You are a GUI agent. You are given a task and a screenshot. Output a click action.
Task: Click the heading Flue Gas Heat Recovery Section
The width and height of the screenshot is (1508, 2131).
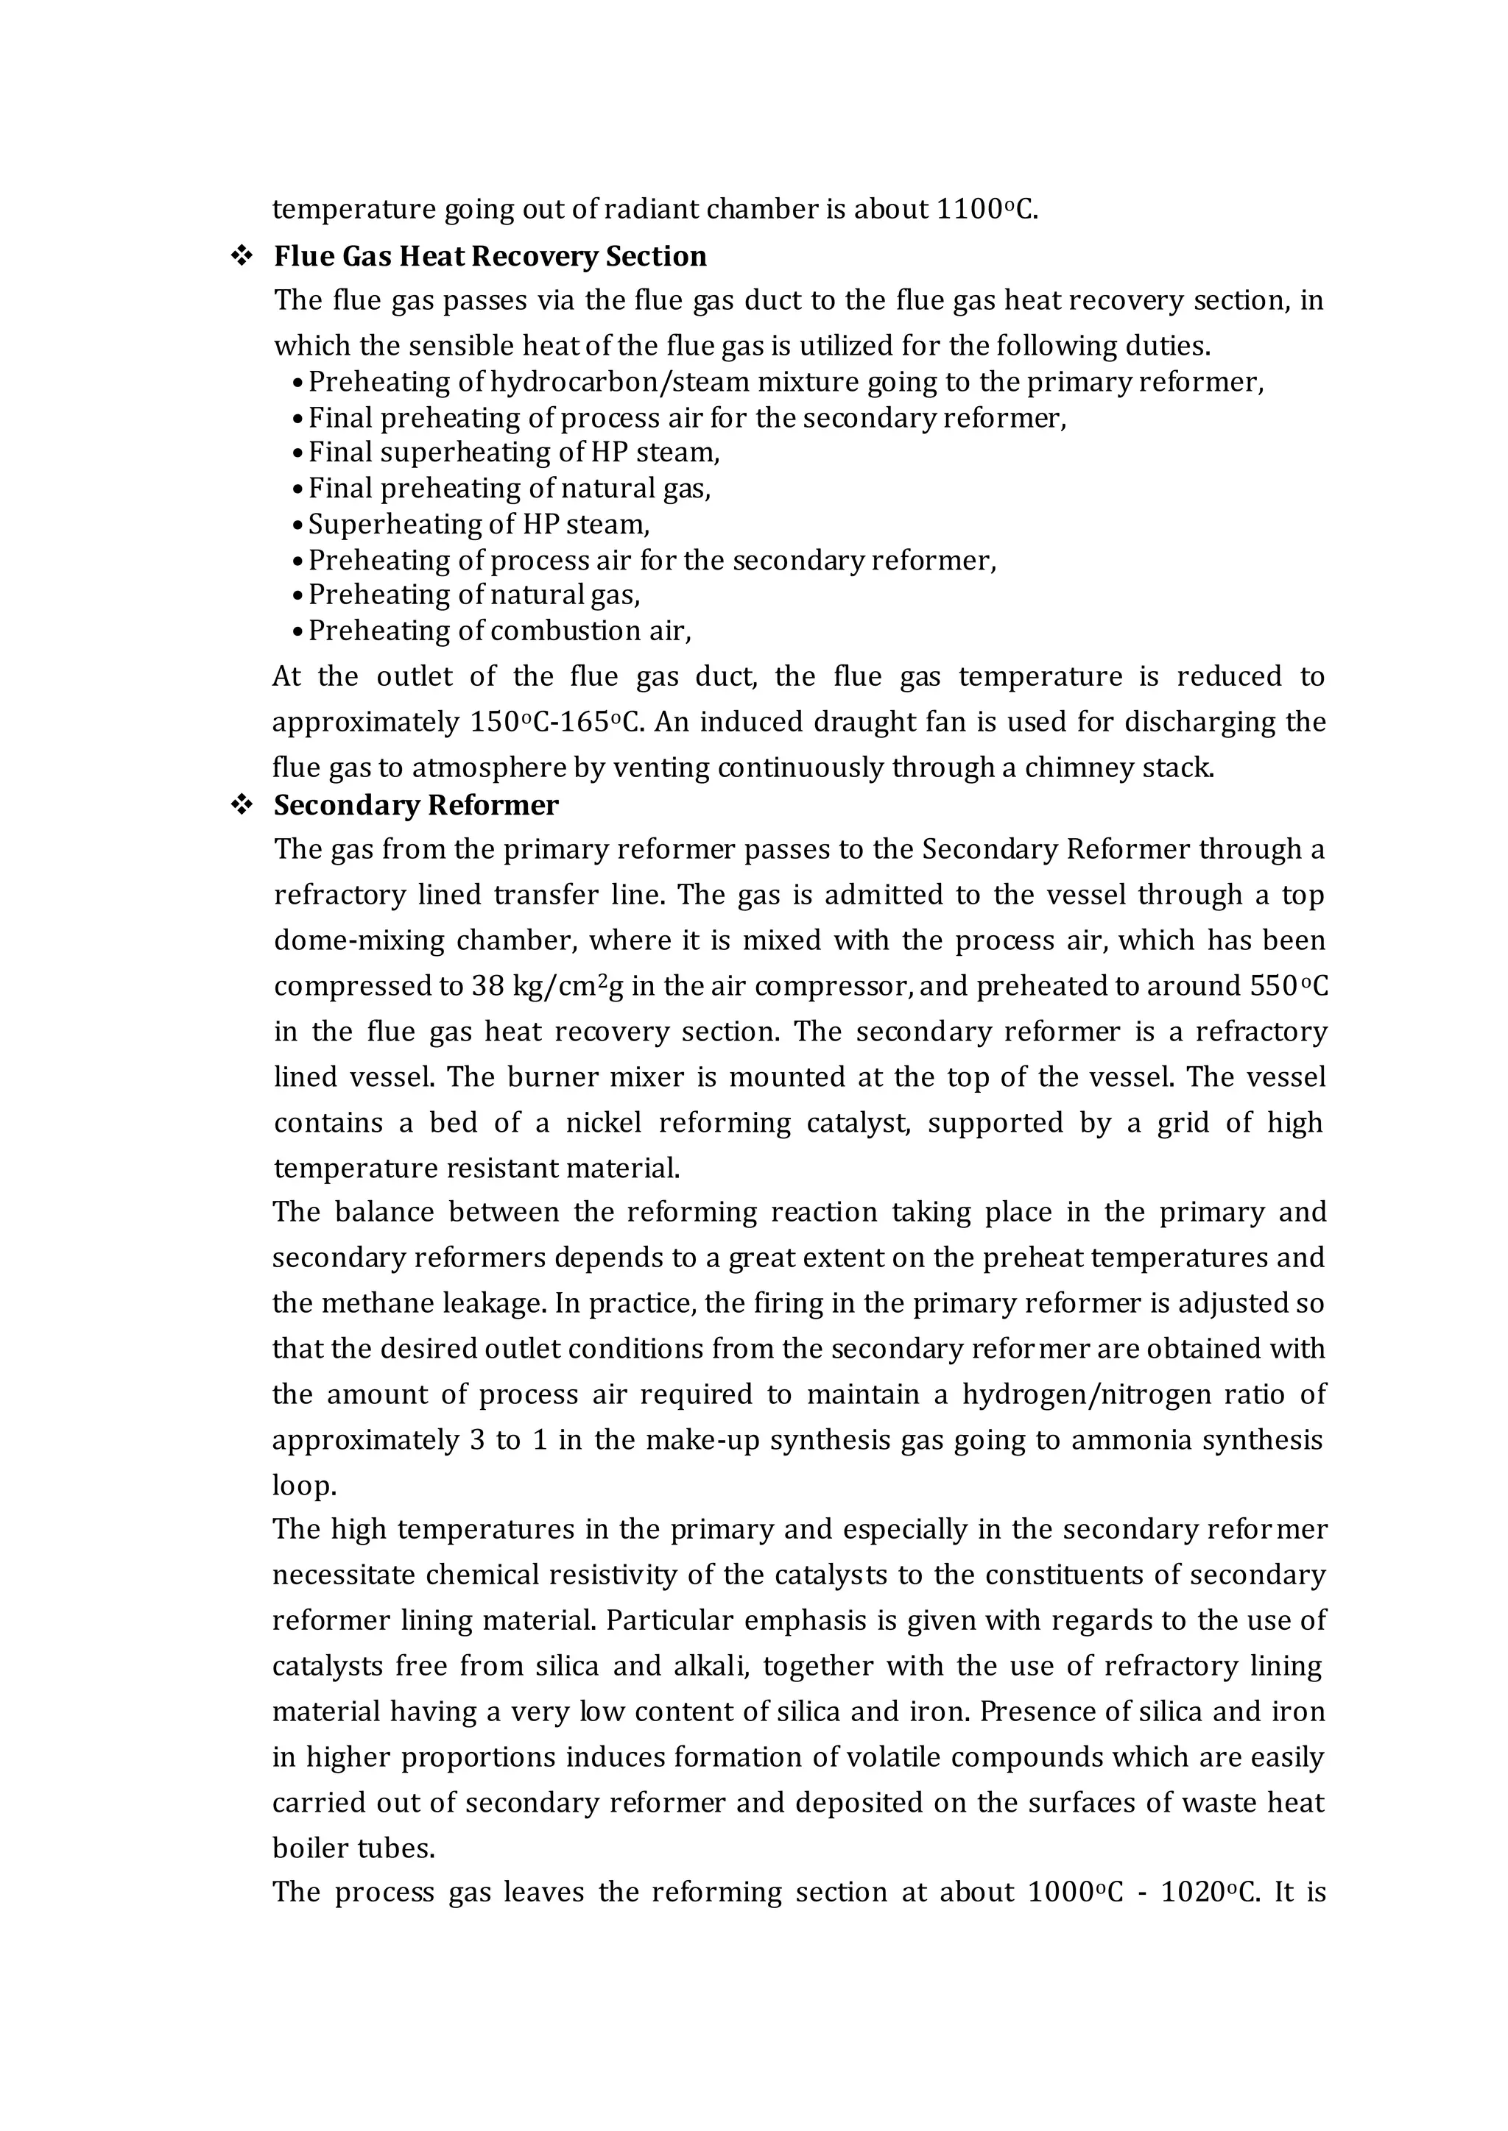point(490,256)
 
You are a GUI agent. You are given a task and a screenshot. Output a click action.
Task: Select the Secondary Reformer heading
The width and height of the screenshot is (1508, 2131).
point(415,805)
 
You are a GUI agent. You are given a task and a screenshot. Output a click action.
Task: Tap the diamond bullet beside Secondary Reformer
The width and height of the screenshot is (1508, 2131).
point(242,805)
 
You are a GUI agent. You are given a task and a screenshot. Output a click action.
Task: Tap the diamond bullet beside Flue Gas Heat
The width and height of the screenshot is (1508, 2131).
point(242,256)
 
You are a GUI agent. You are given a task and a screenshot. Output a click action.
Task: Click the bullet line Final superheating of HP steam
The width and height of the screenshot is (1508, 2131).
point(513,453)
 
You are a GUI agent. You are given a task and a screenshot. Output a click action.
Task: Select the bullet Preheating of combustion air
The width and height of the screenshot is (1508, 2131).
point(498,631)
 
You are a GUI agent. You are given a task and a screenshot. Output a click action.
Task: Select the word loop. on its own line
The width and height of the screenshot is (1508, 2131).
point(303,1486)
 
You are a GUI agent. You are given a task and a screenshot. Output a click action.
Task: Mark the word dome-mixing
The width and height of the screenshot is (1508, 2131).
point(356,940)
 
